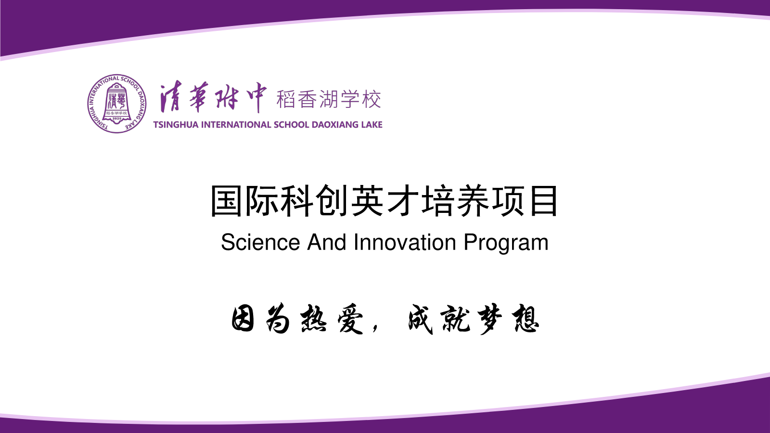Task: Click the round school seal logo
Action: pos(117,104)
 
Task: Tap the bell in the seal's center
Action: pos(117,103)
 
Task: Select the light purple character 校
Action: pos(371,99)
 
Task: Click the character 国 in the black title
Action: pos(226,201)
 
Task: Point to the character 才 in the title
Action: pos(402,201)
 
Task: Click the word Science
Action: pos(260,242)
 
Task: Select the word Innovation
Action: pos(405,242)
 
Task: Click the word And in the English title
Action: pos(327,242)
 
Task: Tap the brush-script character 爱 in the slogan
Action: pos(350,319)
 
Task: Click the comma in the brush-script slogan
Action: pos(375,327)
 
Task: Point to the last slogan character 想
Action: pos(526,319)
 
